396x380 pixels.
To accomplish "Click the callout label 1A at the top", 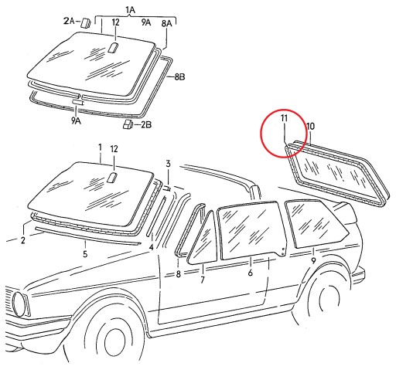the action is [130, 10].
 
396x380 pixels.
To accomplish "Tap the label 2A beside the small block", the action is [68, 21].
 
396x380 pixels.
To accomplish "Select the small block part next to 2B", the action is [128, 124].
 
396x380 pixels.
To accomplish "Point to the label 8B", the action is [179, 76].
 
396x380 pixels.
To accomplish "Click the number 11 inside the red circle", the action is [284, 118].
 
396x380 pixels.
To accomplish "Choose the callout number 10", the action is [310, 126].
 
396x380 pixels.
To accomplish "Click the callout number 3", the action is [168, 164].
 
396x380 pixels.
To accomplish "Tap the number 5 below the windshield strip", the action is [85, 254].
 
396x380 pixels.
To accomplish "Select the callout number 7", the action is [203, 280].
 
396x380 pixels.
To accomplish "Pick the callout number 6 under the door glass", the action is [250, 273].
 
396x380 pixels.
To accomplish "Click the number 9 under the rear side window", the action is [313, 260].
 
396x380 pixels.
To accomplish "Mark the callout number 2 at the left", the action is [23, 240].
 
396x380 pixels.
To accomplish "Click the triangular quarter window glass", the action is [203, 240].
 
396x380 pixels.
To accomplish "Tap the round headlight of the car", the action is [19, 304].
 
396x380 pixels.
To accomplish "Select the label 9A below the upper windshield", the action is [76, 120].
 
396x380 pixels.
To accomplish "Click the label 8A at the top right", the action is [166, 23].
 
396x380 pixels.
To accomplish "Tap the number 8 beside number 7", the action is [178, 274].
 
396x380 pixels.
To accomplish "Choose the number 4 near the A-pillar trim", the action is [152, 247].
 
